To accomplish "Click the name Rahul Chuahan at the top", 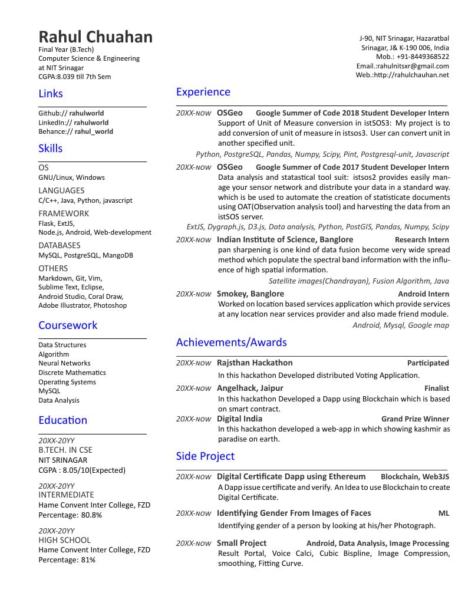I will (x=95, y=37).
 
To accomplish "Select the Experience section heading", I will (x=203, y=92).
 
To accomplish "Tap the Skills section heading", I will (x=50, y=148).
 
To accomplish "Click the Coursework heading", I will (x=68, y=325).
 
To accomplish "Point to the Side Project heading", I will (x=205, y=456).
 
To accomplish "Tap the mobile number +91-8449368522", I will (x=423, y=57).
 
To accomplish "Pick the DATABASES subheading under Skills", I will (x=59, y=245).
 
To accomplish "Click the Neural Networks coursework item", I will (x=64, y=363).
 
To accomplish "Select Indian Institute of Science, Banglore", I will (x=285, y=239).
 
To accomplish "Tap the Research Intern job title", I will (x=421, y=240).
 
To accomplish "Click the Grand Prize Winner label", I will (x=415, y=419).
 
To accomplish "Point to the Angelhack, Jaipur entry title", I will (x=250, y=388).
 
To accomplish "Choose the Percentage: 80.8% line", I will (x=70, y=515).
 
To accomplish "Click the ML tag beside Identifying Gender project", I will (x=443, y=513).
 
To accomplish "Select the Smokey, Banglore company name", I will (x=250, y=294).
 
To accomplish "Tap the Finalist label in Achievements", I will (x=436, y=388).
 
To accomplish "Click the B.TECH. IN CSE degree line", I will (x=65, y=450).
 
